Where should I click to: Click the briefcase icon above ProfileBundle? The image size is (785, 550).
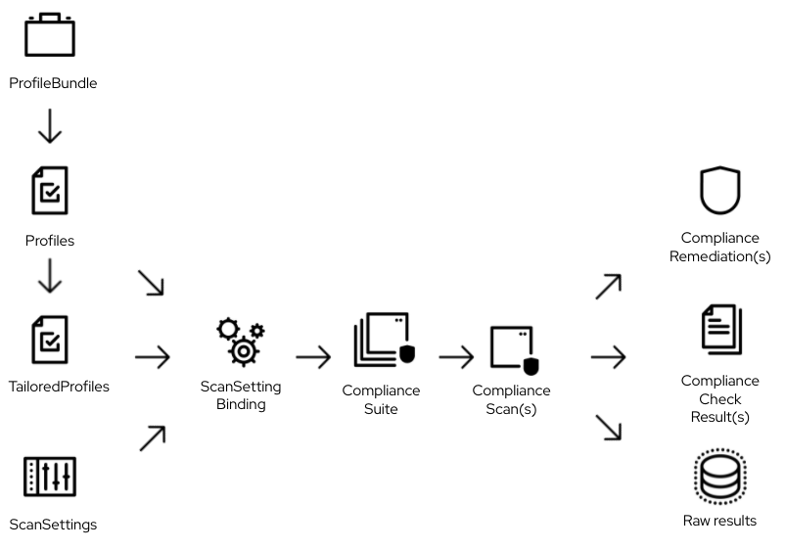click(50, 36)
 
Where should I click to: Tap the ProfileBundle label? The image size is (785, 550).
click(53, 83)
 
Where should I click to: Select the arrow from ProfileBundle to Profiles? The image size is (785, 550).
click(49, 126)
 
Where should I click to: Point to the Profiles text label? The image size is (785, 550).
click(49, 240)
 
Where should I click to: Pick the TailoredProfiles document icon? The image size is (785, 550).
click(49, 338)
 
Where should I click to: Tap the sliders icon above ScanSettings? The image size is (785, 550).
click(50, 477)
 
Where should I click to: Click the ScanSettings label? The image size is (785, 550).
click(53, 525)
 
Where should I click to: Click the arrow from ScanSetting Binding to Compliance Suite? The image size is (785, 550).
click(312, 357)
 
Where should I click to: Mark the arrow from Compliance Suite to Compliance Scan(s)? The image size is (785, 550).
click(456, 357)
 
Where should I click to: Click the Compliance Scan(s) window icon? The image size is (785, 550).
click(516, 350)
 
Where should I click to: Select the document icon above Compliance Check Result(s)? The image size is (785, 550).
click(720, 330)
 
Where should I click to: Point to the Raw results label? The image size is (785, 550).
click(719, 521)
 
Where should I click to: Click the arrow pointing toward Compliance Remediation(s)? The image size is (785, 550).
click(608, 287)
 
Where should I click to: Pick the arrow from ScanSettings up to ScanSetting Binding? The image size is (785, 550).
click(152, 438)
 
